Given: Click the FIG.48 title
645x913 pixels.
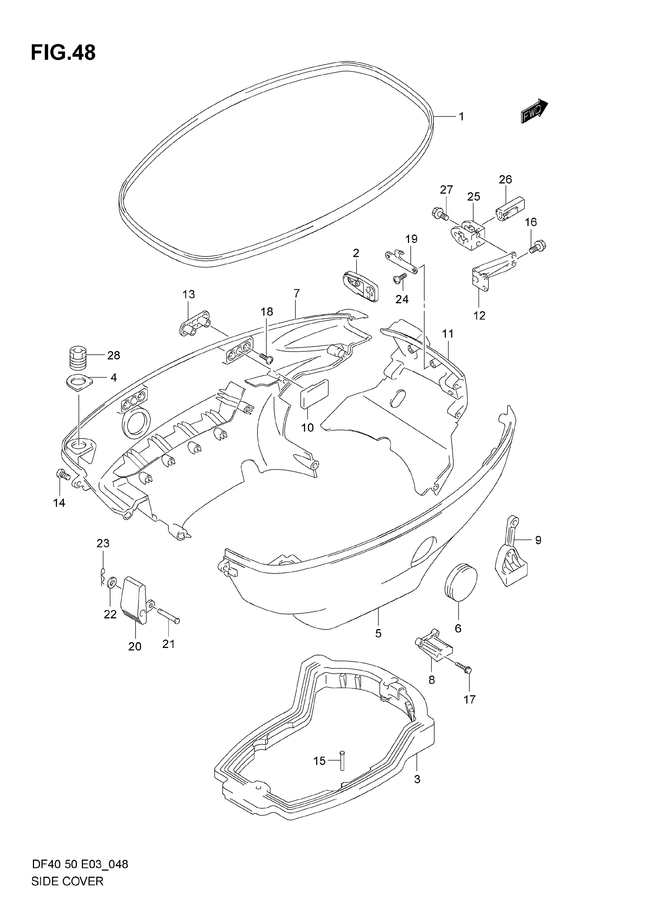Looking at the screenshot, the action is (x=63, y=52).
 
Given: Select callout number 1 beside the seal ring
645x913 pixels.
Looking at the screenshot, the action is (x=461, y=116).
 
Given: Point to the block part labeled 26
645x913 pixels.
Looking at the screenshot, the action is (x=511, y=209).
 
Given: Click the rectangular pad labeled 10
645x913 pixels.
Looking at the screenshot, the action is (x=314, y=394).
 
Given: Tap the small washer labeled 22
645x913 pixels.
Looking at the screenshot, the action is (x=112, y=583).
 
